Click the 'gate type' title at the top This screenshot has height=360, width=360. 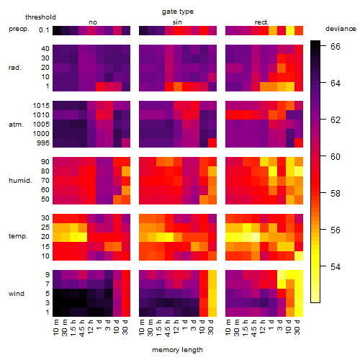178,12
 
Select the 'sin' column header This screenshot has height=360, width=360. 177,22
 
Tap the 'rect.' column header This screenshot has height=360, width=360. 261,22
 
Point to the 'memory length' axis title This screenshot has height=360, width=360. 177,350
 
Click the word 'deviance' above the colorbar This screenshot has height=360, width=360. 341,29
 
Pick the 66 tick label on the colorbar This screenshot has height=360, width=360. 336,46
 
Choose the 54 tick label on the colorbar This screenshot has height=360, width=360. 336,266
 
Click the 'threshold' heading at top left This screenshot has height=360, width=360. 40,17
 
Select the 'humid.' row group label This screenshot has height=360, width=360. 20,181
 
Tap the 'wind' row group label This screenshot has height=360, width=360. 17,294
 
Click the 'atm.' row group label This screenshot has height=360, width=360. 16,125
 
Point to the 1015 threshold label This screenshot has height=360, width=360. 41,106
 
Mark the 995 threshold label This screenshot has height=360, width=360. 43,143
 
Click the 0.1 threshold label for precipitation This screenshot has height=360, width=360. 44,30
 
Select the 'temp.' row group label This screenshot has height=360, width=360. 18,236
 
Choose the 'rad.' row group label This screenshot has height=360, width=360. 15,68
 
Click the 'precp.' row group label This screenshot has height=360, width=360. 19,29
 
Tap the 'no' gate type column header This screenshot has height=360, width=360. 93,22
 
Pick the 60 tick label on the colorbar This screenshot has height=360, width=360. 336,156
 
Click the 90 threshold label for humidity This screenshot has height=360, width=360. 45,162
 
